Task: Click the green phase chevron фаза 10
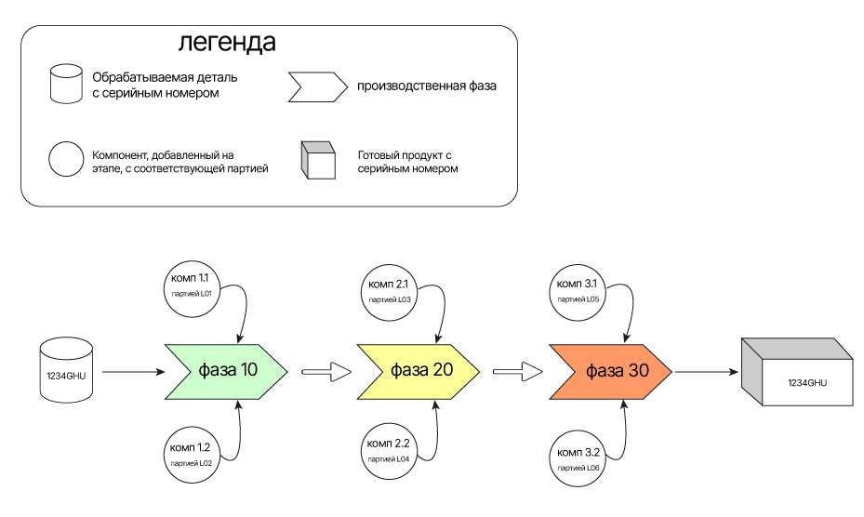(228, 370)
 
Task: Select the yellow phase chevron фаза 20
(419, 370)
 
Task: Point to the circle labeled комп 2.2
(389, 451)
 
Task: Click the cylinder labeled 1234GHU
(67, 371)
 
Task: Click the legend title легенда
(227, 43)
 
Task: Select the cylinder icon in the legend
(66, 85)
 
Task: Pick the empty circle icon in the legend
(66, 159)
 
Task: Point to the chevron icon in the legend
(314, 86)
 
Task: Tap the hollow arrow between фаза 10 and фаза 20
(327, 372)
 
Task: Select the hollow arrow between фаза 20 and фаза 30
(517, 372)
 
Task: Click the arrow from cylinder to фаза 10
(132, 372)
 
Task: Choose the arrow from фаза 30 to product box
(707, 372)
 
